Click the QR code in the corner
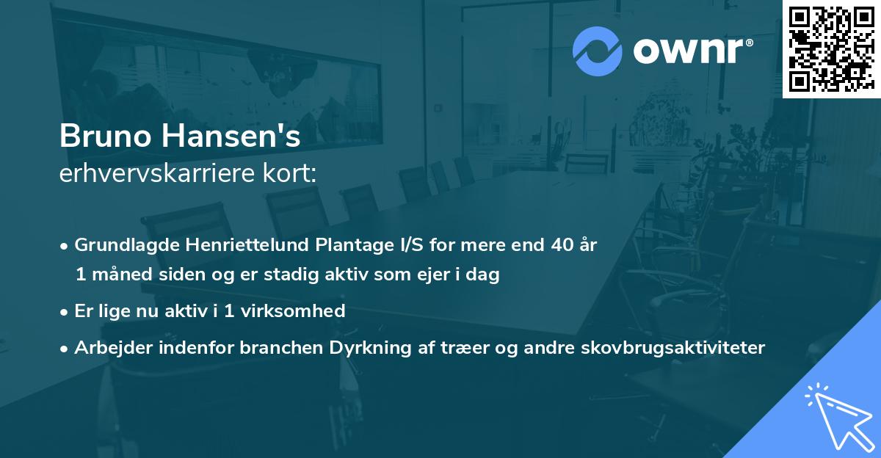(831, 48)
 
